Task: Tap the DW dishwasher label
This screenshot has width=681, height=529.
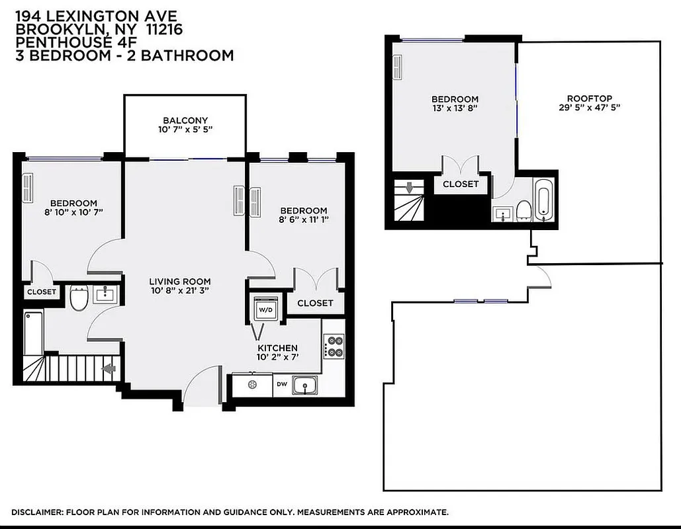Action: tap(281, 384)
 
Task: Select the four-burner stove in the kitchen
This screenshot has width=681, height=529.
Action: tap(334, 346)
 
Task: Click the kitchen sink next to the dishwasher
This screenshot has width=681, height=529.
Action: tap(304, 385)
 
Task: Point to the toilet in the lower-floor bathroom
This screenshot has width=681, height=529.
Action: tap(79, 298)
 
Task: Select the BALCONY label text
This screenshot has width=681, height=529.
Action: tap(185, 120)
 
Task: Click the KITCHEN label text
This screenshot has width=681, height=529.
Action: tap(277, 348)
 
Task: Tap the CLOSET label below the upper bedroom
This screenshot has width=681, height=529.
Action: tap(461, 184)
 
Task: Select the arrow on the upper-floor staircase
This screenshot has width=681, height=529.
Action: tap(410, 188)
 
